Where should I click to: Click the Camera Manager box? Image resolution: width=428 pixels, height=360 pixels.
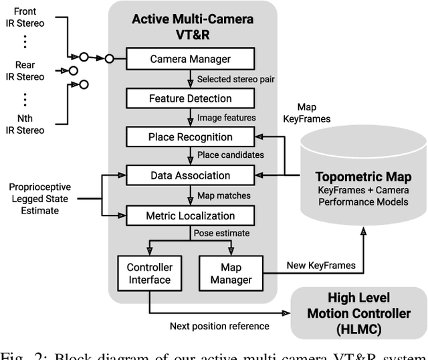coord(191,59)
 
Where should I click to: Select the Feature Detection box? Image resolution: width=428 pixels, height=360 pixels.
coord(191,98)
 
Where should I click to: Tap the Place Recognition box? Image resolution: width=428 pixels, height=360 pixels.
coord(191,137)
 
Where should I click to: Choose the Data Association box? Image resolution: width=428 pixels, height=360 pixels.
coord(191,176)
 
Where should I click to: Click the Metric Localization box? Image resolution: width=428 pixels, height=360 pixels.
coord(191,215)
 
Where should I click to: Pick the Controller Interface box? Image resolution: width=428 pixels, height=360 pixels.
coord(149,274)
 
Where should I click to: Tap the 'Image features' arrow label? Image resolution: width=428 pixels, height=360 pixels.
coord(226,118)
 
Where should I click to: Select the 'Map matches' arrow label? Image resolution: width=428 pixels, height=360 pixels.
coord(225,195)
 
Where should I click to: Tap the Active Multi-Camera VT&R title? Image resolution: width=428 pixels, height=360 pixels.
coord(192,25)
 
